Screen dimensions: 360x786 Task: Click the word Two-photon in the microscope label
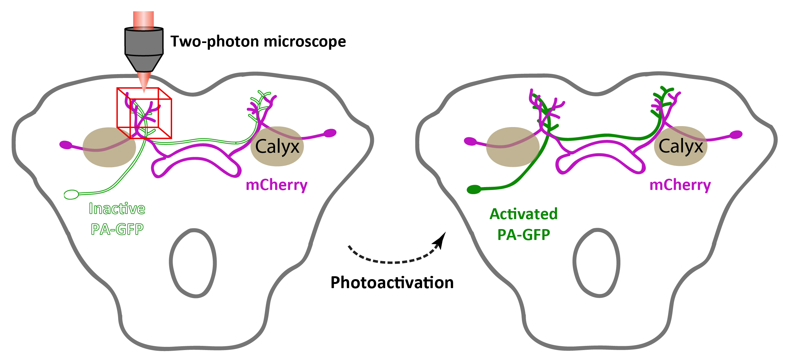point(215,41)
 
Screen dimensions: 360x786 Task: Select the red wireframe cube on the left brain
point(144,113)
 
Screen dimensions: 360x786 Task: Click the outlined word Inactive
point(117,209)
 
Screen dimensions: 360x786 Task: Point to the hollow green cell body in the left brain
point(71,194)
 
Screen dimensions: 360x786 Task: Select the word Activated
point(523,214)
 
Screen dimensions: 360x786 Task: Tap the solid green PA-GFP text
point(523,235)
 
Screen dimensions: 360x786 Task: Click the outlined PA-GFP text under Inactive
point(117,229)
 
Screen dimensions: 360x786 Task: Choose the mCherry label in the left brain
point(276,185)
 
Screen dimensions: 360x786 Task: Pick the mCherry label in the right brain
point(680,185)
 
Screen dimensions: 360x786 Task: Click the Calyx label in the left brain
point(277,147)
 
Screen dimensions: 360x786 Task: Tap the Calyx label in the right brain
point(681,146)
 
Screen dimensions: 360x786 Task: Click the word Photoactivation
point(392,283)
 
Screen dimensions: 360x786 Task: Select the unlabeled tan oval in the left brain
point(109,147)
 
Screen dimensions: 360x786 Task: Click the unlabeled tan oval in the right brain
point(513,147)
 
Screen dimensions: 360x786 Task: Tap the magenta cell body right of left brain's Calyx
point(330,133)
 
